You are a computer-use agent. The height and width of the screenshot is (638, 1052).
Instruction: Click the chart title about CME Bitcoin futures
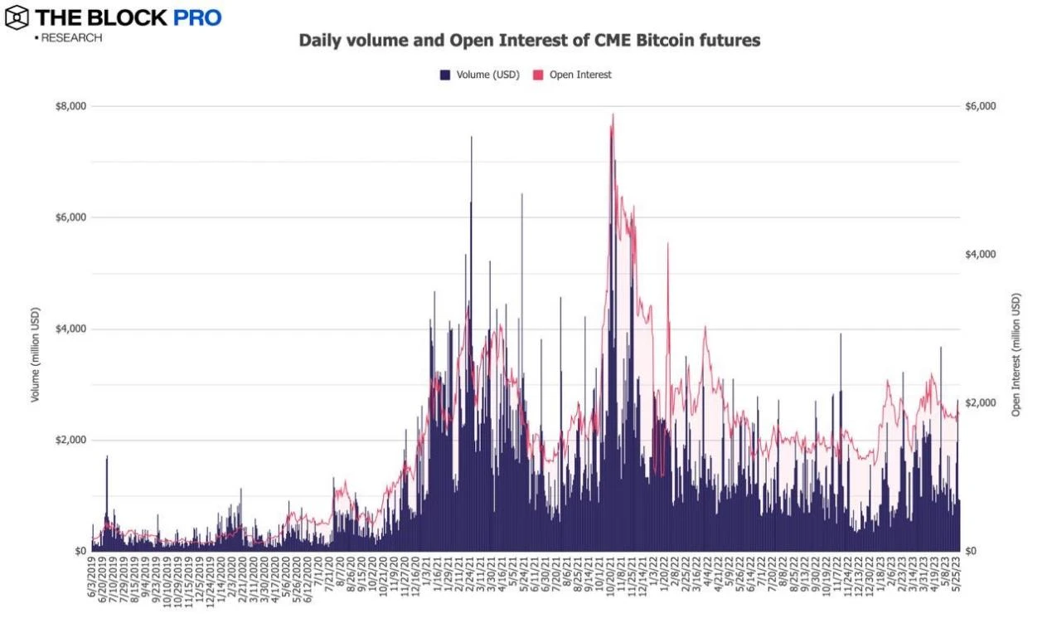point(529,40)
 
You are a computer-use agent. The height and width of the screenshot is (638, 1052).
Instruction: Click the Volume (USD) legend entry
point(480,75)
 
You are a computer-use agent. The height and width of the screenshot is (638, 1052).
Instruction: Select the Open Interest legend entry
point(572,75)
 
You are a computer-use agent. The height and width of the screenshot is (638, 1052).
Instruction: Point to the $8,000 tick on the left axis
point(71,106)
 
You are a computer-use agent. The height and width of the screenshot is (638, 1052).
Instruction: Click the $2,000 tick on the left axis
point(71,440)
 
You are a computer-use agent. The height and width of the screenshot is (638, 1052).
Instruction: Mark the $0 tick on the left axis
point(80,551)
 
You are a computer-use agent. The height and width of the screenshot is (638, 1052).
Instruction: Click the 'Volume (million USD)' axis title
point(36,329)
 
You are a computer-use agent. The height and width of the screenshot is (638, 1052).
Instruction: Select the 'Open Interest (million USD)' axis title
point(1016,354)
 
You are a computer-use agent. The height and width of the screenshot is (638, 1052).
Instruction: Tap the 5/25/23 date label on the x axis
point(958,582)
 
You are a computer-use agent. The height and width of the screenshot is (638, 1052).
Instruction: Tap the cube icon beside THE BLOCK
point(17,17)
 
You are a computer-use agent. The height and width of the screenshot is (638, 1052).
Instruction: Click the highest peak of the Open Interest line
point(613,114)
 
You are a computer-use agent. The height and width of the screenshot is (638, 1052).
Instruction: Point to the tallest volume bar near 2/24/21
point(472,138)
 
